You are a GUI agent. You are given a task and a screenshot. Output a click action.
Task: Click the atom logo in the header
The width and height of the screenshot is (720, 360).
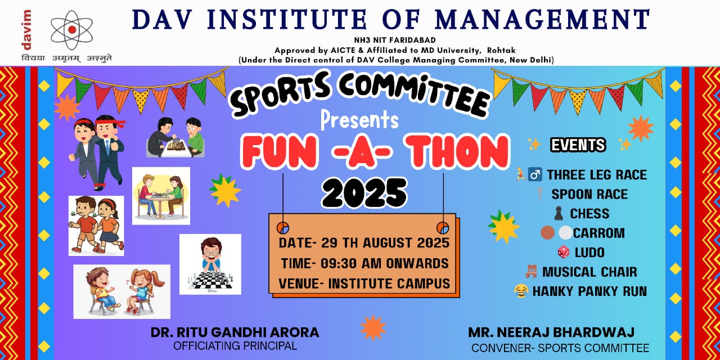[71, 30]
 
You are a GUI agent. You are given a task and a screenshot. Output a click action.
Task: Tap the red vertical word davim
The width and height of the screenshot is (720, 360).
[26, 30]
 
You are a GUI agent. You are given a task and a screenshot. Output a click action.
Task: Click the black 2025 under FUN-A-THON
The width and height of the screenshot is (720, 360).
[364, 193]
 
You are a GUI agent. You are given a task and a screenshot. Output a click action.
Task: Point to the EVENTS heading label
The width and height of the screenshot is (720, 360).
[578, 145]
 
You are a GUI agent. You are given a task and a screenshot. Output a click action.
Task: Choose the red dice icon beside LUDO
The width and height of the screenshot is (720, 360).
[563, 252]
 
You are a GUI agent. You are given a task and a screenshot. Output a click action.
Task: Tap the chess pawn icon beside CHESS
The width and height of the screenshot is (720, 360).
[559, 213]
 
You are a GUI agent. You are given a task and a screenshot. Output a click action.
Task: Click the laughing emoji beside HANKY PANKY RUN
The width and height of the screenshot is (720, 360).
[521, 291]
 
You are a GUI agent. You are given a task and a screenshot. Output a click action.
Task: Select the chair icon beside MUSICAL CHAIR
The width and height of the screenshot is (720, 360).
[531, 271]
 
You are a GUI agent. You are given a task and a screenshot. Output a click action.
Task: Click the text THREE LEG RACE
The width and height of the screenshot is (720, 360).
[597, 175]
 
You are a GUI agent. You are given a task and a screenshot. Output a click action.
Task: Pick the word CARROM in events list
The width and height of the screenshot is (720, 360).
[599, 233]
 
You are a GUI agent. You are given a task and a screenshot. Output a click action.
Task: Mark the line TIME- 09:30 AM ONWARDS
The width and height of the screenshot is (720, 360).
[365, 263]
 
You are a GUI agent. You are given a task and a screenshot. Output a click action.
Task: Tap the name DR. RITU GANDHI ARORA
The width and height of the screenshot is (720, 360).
[235, 332]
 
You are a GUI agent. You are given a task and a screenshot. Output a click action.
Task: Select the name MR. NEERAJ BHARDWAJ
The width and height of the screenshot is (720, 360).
[551, 332]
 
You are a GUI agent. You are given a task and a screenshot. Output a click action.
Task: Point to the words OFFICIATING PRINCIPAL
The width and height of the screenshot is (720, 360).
[235, 346]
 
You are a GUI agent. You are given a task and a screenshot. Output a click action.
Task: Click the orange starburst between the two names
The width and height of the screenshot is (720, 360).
[373, 328]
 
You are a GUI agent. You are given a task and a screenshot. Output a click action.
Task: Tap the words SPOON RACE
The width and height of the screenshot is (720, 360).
[589, 194]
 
